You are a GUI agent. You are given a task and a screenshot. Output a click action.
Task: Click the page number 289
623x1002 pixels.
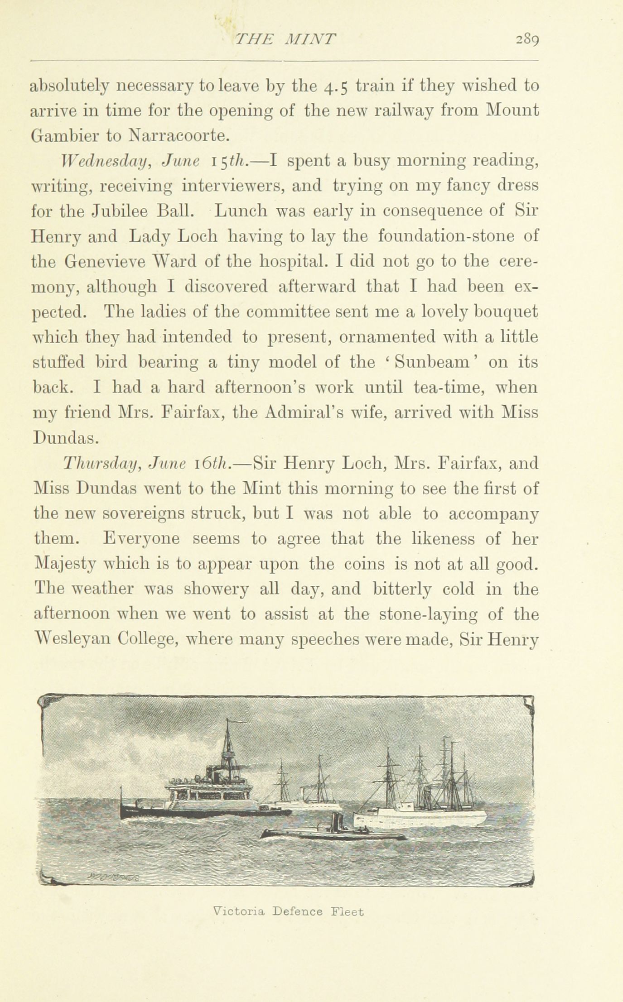(526, 40)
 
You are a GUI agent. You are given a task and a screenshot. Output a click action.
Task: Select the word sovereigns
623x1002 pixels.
(137, 514)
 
